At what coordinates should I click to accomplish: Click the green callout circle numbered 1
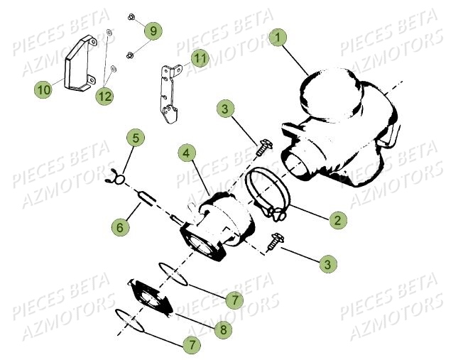(279, 36)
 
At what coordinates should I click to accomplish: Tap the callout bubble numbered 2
(338, 220)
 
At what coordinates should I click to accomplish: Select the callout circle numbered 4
(185, 153)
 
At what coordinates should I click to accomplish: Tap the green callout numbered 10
(43, 89)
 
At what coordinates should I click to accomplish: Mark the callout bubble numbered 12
(104, 96)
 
